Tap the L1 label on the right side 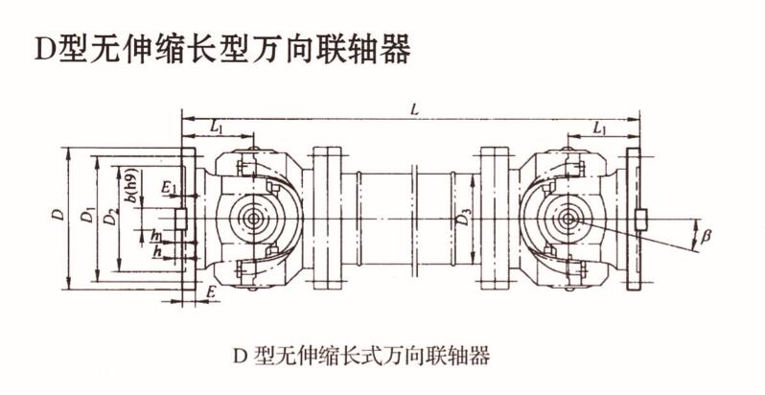pyautogui.click(x=601, y=127)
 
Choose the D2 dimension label pyautogui.click(x=111, y=219)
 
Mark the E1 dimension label pyautogui.click(x=169, y=186)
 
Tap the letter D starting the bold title pyautogui.click(x=45, y=49)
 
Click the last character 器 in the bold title pyautogui.click(x=394, y=48)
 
